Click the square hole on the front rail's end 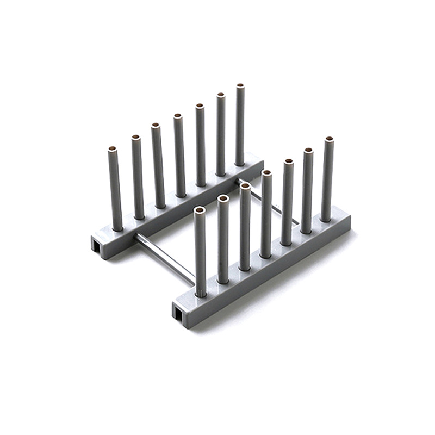point(179,310)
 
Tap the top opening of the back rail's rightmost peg point(240,86)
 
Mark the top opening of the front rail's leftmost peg point(200,209)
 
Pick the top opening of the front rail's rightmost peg point(328,139)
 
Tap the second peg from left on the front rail point(223,239)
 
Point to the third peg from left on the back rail point(158,166)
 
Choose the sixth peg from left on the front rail point(308,190)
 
